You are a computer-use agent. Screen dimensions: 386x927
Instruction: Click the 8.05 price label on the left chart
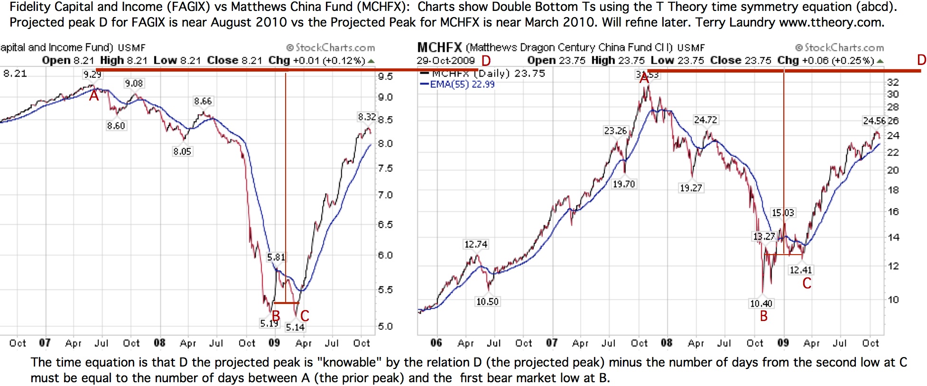click(x=182, y=151)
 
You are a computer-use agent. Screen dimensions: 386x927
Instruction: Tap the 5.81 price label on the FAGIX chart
click(x=276, y=257)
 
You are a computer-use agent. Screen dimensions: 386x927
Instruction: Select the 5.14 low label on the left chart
click(x=295, y=327)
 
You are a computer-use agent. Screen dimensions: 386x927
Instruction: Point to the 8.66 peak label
click(x=203, y=101)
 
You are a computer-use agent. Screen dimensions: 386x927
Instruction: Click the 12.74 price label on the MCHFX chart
click(x=476, y=244)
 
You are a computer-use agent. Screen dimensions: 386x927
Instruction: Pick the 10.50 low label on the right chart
click(x=487, y=302)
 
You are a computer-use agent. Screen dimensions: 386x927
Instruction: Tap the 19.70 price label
click(x=623, y=184)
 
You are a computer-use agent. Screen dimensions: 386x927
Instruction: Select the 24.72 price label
click(x=705, y=120)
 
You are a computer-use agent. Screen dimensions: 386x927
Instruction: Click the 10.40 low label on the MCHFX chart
click(x=761, y=303)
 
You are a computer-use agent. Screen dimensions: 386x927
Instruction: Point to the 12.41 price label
click(x=801, y=270)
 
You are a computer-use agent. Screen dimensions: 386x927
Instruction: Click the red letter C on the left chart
click(x=305, y=315)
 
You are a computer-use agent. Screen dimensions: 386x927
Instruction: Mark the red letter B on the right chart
click(x=763, y=316)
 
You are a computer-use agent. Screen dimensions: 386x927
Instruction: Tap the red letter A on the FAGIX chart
click(x=94, y=96)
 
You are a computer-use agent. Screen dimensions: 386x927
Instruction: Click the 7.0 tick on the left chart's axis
click(x=385, y=195)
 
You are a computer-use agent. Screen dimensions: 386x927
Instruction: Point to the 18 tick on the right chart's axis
click(x=893, y=190)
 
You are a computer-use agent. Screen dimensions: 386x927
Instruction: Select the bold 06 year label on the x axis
click(x=436, y=343)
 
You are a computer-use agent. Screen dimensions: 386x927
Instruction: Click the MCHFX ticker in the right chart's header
click(x=439, y=47)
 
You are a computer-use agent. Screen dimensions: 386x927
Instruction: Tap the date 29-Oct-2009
click(x=445, y=61)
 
